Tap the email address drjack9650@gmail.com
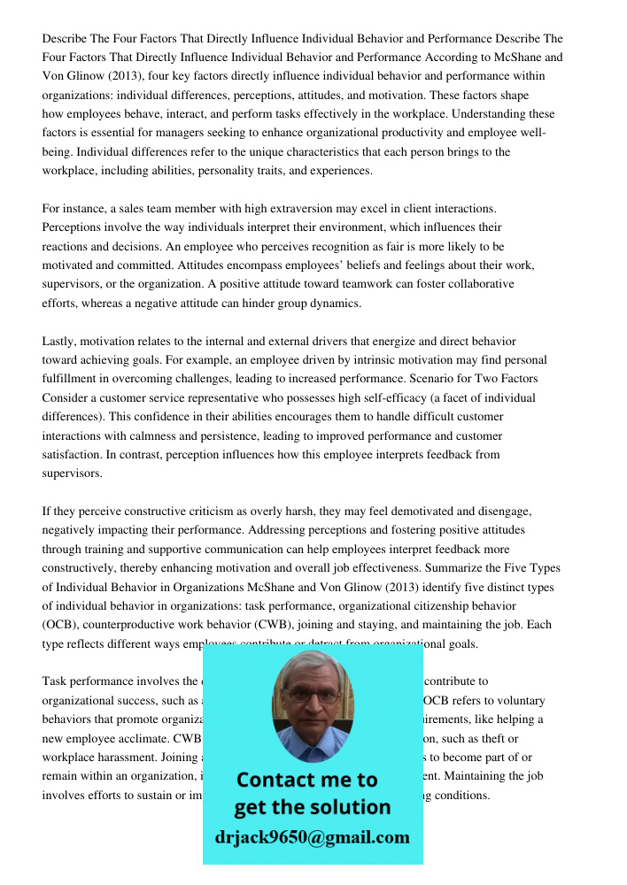tap(312, 836)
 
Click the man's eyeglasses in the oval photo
tap(313, 696)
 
